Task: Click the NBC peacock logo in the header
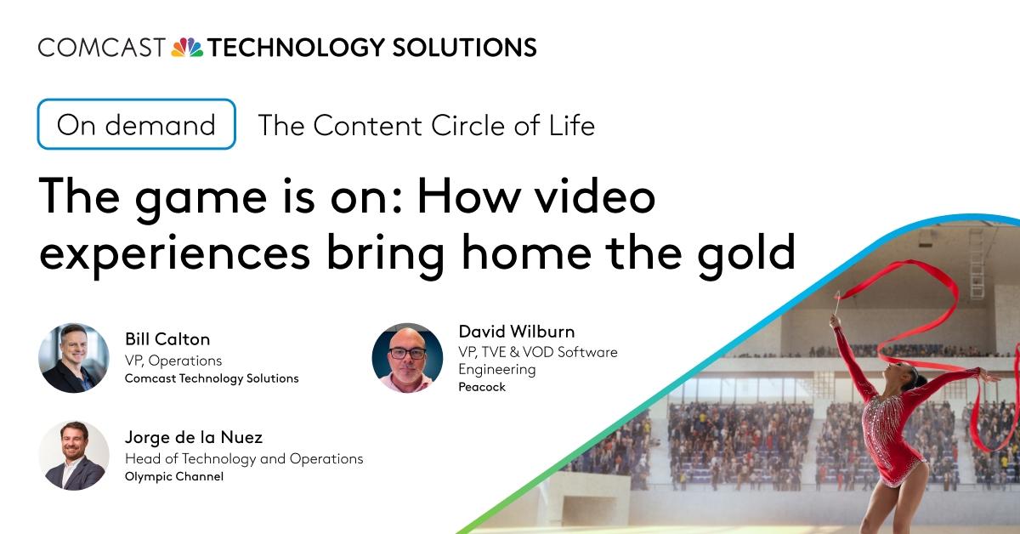[x=187, y=47]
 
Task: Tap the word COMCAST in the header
[x=101, y=47]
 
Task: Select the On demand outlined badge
[x=136, y=125]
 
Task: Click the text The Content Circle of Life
[x=426, y=126]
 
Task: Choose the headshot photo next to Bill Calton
[x=74, y=358]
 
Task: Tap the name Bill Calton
[x=167, y=339]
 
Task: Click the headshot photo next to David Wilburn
[x=407, y=358]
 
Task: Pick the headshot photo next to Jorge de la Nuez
[x=74, y=456]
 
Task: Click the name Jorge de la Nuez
[x=194, y=438]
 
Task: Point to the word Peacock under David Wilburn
[x=482, y=387]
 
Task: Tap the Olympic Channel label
[x=174, y=477]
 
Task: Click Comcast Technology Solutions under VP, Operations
[x=212, y=378]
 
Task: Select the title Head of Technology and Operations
[x=244, y=458]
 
